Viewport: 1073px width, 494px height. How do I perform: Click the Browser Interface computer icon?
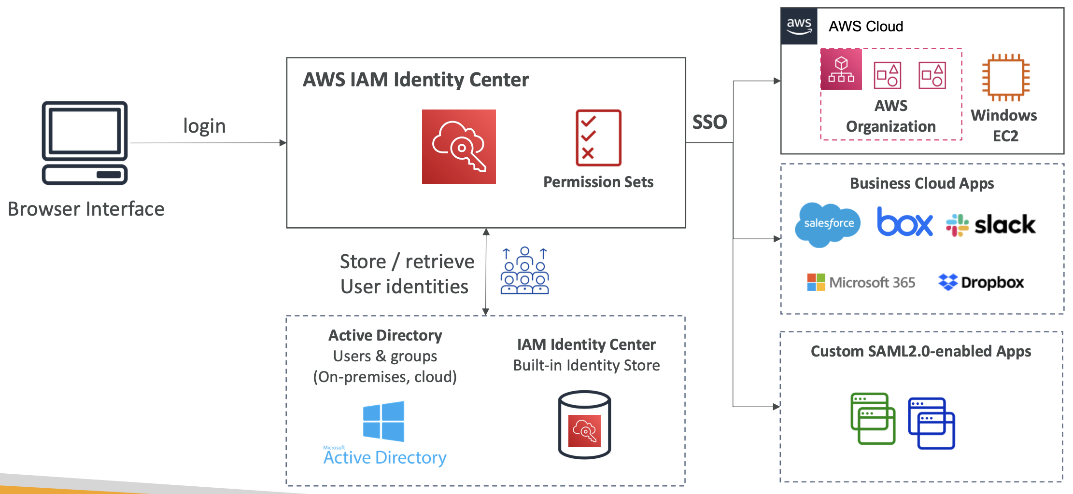click(x=85, y=142)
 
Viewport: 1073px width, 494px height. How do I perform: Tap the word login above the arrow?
click(x=204, y=126)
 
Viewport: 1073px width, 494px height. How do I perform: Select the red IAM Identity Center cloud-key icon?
click(x=459, y=147)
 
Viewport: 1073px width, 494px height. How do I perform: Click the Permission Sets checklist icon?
click(x=598, y=138)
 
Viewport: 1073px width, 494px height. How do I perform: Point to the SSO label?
click(x=709, y=122)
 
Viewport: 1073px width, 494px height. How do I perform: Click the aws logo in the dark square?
click(x=799, y=26)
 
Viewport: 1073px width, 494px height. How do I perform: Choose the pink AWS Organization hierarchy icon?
click(x=841, y=69)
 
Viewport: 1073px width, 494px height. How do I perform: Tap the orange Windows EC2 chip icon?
click(x=1005, y=78)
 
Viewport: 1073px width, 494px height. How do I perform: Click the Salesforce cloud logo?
click(x=828, y=224)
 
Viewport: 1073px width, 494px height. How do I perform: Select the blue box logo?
click(x=904, y=222)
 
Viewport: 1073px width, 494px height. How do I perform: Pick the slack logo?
click(x=990, y=225)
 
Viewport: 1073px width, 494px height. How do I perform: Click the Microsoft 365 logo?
click(x=861, y=282)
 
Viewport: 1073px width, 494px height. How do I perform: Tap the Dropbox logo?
click(x=981, y=282)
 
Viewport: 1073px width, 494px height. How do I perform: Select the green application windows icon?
click(x=873, y=418)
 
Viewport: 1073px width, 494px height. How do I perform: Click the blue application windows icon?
click(x=931, y=423)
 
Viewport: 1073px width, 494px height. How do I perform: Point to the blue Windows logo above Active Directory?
click(x=383, y=421)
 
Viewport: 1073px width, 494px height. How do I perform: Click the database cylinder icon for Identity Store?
click(x=584, y=425)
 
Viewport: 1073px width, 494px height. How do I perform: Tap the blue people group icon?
click(x=524, y=271)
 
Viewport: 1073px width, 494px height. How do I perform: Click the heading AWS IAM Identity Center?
click(x=416, y=80)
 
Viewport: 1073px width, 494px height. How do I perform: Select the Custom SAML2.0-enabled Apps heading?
click(x=920, y=351)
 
